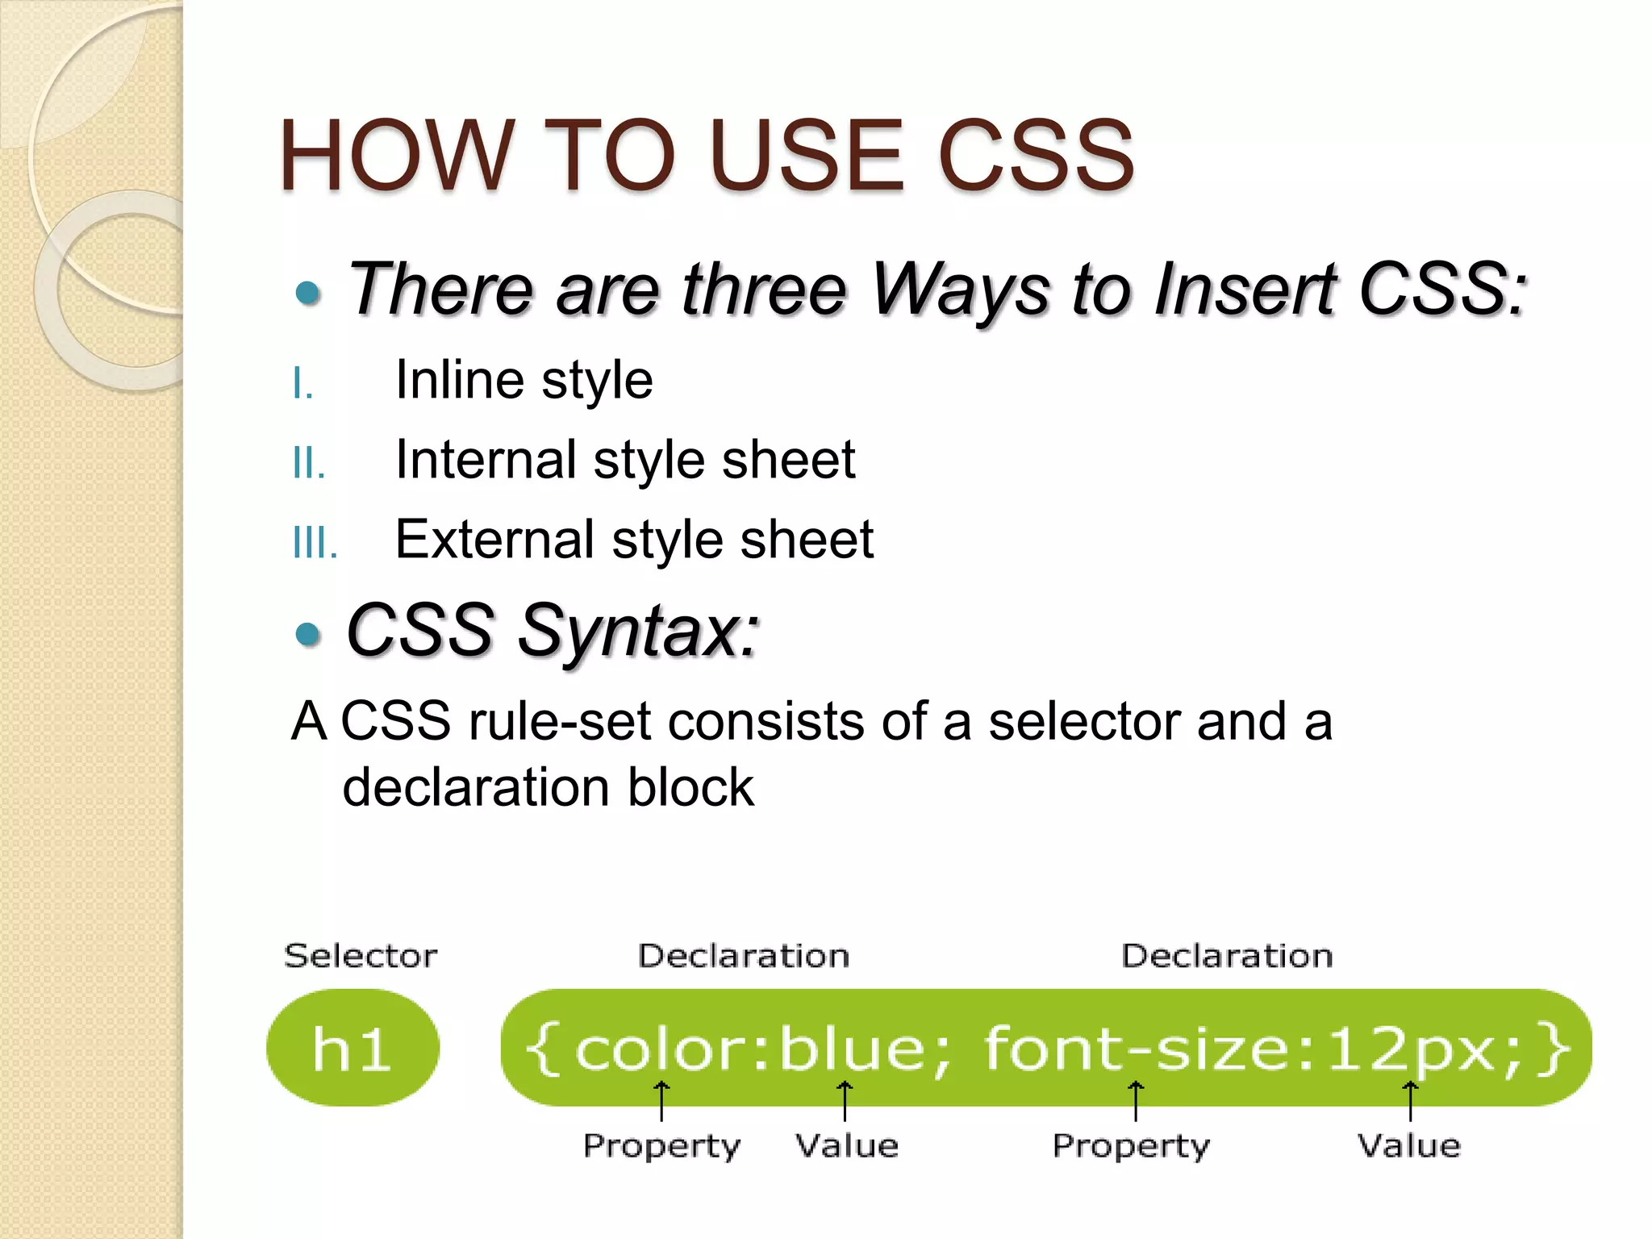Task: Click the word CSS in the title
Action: click(x=1036, y=156)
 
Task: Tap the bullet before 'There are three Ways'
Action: click(x=308, y=293)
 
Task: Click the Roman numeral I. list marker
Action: click(x=302, y=383)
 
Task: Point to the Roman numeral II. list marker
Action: click(x=309, y=464)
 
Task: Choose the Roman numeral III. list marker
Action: click(x=315, y=543)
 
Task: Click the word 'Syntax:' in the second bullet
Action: click(x=638, y=631)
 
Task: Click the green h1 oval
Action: click(x=353, y=1048)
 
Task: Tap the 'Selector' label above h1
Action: click(x=361, y=956)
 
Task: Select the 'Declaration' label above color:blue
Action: click(x=744, y=956)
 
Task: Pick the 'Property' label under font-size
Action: click(x=1131, y=1145)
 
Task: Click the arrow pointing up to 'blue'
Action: click(x=845, y=1101)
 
